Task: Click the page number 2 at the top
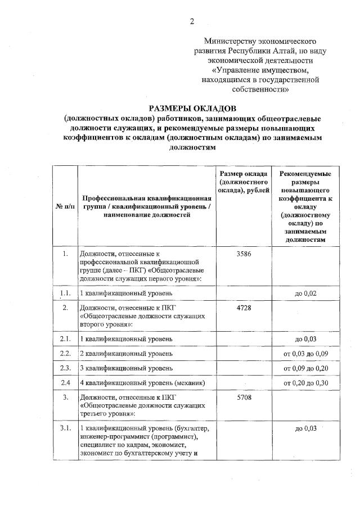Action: click(192, 22)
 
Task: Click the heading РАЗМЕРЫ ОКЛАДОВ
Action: click(192, 108)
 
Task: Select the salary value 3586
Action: click(244, 254)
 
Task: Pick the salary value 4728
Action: click(244, 308)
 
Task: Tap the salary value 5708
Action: click(244, 398)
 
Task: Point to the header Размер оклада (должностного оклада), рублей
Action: click(244, 182)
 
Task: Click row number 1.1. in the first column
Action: click(65, 293)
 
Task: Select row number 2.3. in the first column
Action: click(65, 368)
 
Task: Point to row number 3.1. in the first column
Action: click(65, 429)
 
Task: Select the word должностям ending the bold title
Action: click(192, 148)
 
